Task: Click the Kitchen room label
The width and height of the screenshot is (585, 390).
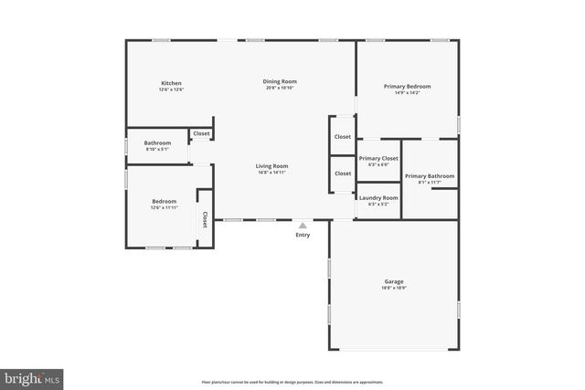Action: pyautogui.click(x=171, y=83)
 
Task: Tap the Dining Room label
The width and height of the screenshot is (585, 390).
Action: pyautogui.click(x=282, y=81)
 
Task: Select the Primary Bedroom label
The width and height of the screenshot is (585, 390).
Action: pyautogui.click(x=407, y=86)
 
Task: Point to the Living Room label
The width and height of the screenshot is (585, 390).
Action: pyautogui.click(x=271, y=165)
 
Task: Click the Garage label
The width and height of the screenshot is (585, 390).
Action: pyautogui.click(x=394, y=281)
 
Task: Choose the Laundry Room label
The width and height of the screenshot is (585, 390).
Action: pyautogui.click(x=378, y=197)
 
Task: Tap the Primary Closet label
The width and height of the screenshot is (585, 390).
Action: pyautogui.click(x=378, y=158)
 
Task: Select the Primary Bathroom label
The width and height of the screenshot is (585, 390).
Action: pyautogui.click(x=429, y=176)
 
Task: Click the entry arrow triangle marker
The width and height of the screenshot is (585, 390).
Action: pyautogui.click(x=303, y=224)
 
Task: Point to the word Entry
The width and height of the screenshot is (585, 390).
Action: pyautogui.click(x=303, y=235)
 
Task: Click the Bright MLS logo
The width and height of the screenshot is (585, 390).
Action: pyautogui.click(x=32, y=377)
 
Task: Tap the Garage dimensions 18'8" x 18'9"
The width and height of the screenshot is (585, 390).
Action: pyautogui.click(x=394, y=289)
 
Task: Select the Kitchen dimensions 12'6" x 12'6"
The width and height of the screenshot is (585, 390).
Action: pyautogui.click(x=171, y=90)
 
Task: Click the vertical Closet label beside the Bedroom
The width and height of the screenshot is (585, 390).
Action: pyautogui.click(x=205, y=218)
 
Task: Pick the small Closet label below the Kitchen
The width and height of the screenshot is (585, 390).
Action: pyautogui.click(x=201, y=134)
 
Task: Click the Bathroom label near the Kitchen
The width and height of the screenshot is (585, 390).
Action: pyautogui.click(x=157, y=142)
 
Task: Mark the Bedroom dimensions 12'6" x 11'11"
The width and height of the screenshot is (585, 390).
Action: pyautogui.click(x=165, y=208)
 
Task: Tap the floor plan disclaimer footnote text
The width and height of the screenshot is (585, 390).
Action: pyautogui.click(x=292, y=382)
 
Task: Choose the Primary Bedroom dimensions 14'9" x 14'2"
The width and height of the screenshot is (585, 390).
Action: pyautogui.click(x=407, y=92)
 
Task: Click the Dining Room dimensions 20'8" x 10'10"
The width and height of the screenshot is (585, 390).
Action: pyautogui.click(x=282, y=88)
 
